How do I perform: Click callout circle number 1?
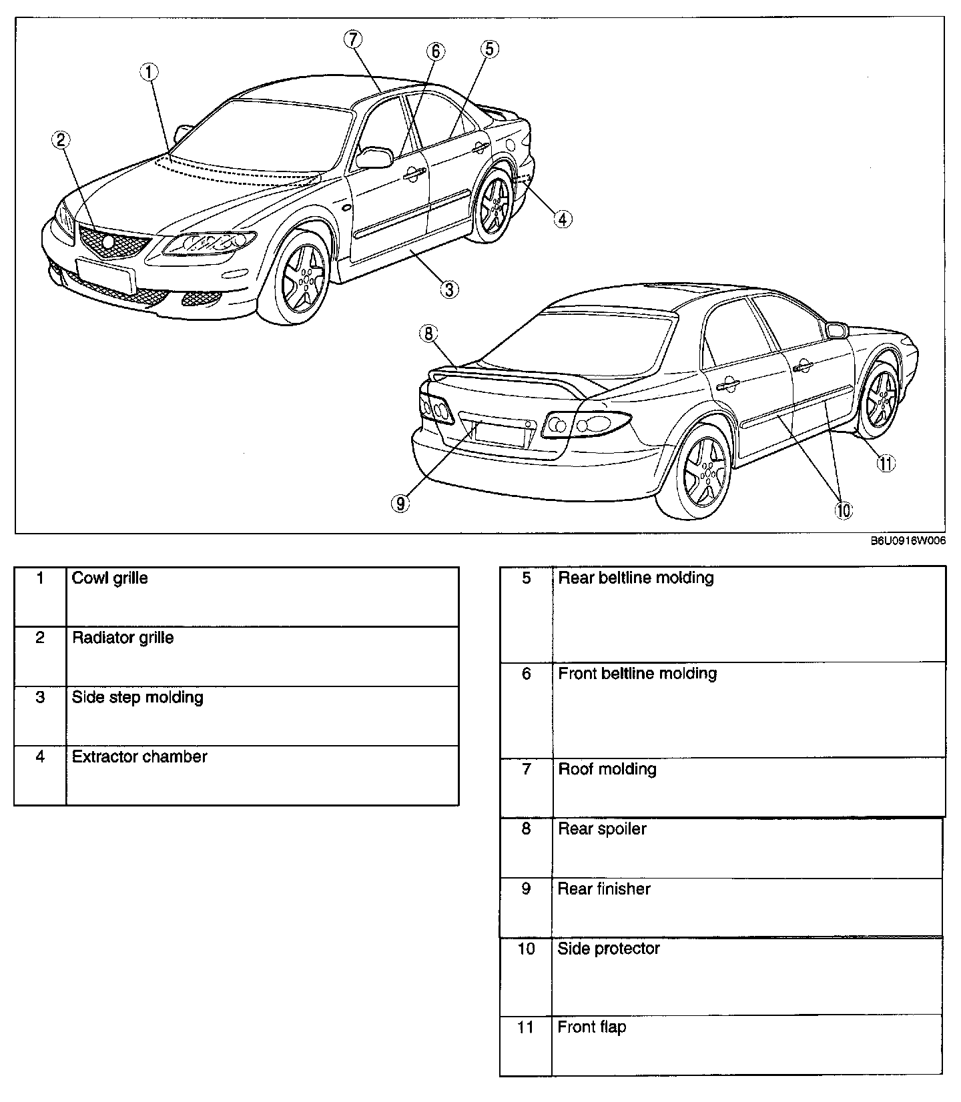(x=150, y=71)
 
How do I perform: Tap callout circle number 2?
(x=61, y=139)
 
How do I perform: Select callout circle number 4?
(x=563, y=218)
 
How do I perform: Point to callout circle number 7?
(x=353, y=39)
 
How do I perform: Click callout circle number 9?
(x=400, y=503)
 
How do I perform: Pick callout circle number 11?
(x=886, y=464)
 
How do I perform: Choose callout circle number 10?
(x=843, y=510)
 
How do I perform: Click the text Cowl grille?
(x=110, y=578)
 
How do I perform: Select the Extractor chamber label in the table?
(x=139, y=756)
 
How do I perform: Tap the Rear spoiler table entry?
(x=602, y=829)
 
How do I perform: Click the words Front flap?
(x=591, y=1027)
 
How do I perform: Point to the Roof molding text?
(x=607, y=769)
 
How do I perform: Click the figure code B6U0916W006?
(x=908, y=542)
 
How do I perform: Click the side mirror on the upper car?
(x=374, y=157)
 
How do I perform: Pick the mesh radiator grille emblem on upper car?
(x=108, y=243)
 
